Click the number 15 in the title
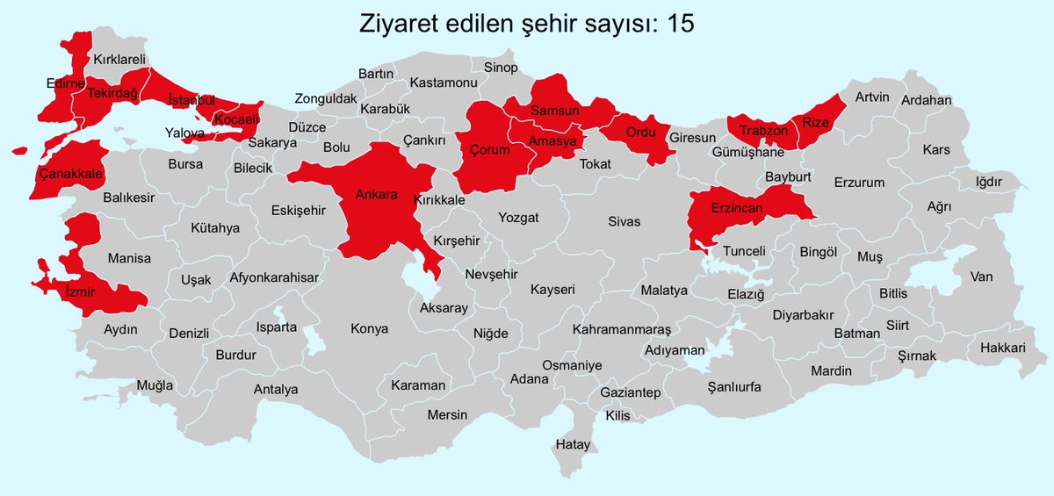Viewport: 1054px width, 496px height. (x=678, y=24)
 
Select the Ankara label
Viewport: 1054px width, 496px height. (x=376, y=194)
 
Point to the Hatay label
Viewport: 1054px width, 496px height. (x=573, y=445)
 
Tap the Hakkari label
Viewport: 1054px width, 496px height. (x=1003, y=349)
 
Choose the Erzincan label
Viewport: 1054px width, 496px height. (x=738, y=208)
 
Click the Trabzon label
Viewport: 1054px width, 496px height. (x=761, y=131)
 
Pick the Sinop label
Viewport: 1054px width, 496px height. (x=501, y=68)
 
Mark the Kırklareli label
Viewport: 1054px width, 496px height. (x=119, y=60)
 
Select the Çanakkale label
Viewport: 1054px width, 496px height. (x=72, y=173)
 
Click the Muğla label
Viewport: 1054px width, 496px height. (x=155, y=385)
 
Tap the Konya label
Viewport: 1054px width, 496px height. (x=369, y=329)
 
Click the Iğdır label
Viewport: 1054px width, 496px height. (x=989, y=182)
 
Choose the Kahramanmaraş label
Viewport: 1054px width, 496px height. (x=621, y=329)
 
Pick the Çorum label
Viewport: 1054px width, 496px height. (x=489, y=150)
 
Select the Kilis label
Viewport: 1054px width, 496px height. (x=617, y=415)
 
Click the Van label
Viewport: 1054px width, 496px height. (x=981, y=277)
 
